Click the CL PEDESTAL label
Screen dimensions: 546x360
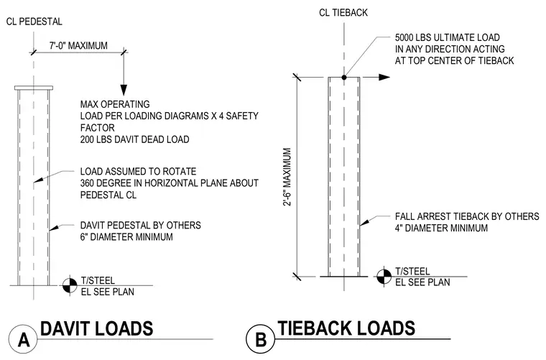coord(34,22)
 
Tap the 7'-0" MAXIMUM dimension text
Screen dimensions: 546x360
coord(78,45)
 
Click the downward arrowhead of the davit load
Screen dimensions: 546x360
coord(124,90)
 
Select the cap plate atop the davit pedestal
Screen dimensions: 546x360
coord(34,88)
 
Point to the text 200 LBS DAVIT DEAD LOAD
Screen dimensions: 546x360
coord(135,139)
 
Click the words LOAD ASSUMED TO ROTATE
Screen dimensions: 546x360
coord(138,171)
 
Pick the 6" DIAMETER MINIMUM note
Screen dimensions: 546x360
coord(126,237)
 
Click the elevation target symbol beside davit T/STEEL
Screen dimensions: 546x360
coord(70,285)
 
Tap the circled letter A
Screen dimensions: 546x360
coord(23,339)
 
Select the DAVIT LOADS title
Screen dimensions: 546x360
coord(97,328)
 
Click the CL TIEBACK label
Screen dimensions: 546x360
coord(343,13)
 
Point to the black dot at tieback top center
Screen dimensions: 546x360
coord(344,78)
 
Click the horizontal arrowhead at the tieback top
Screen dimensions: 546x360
coord(384,78)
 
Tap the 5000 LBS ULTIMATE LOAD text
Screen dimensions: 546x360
coord(448,37)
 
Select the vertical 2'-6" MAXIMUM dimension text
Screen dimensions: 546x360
coord(287,177)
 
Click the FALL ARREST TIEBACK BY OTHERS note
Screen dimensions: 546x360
coord(467,216)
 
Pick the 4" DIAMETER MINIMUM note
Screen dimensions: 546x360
coord(441,229)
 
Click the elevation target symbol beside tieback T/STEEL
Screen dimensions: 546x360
coord(384,277)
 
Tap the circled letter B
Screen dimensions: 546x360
coord(261,339)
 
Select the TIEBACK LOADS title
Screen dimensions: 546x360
coord(346,328)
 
